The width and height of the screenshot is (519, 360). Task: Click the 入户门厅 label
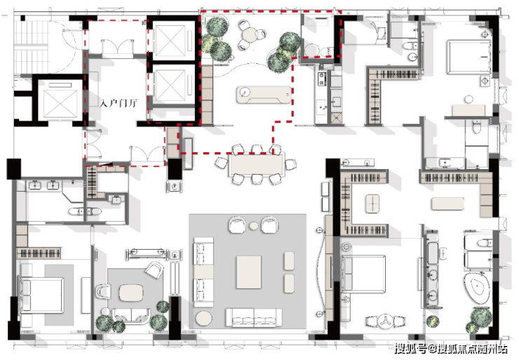coord(119,103)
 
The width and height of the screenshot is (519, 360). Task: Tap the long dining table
coord(256,165)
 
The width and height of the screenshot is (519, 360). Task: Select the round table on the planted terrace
coord(250,34)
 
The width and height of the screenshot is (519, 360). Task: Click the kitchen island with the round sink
coord(264,95)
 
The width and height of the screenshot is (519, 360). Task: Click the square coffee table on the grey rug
coord(248,272)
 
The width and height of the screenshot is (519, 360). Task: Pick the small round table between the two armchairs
coord(254,225)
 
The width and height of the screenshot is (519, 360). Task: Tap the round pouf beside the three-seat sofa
coord(203,319)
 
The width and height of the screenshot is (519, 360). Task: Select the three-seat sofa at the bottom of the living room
coord(254,318)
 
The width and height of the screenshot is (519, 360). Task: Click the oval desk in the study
coord(131,293)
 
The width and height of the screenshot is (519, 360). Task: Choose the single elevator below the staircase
coord(60,100)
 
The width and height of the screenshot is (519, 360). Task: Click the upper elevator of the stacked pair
coord(170,41)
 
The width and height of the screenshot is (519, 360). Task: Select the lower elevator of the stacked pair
coord(170,85)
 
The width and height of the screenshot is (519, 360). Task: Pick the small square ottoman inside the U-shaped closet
coord(372,203)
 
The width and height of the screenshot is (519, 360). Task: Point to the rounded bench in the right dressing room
coord(448,204)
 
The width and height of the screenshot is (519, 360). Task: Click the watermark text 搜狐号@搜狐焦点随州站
coord(451,348)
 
